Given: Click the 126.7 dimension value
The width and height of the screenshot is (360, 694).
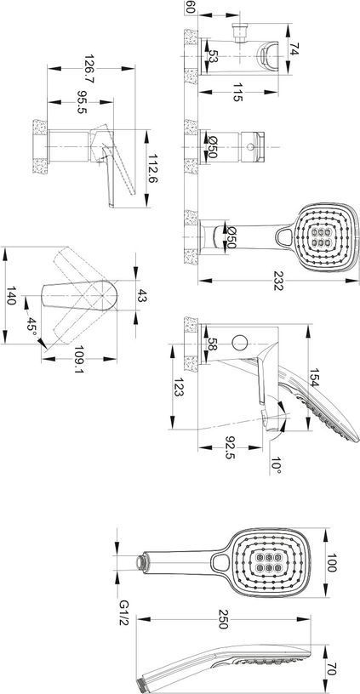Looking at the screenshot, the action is (x=89, y=70).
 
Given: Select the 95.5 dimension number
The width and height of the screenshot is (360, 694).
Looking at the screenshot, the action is (x=81, y=102).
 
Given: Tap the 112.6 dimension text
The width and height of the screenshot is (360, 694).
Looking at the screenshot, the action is (x=155, y=168).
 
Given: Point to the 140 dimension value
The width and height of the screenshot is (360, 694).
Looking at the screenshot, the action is (x=11, y=295).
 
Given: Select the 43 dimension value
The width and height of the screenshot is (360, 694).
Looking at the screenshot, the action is (x=143, y=295).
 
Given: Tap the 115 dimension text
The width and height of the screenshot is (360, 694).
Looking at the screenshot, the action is (x=237, y=93).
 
